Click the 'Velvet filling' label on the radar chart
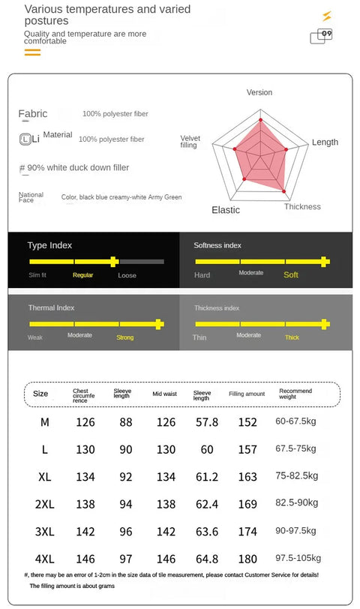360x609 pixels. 190,141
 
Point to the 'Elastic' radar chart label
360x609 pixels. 226,210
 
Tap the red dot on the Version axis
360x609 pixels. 260,120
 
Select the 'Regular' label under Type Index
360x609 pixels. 82,275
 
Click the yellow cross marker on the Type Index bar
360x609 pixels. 113,262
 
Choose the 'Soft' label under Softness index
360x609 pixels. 291,275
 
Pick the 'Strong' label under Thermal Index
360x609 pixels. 125,337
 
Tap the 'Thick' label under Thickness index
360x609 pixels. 292,337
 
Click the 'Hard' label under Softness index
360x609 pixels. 202,275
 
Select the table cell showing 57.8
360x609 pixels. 207,422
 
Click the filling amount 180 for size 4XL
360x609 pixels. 247,559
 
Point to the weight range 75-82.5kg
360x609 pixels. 297,476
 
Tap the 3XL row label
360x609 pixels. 45,532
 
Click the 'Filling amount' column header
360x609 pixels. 247,394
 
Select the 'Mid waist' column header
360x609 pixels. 165,394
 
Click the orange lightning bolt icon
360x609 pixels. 327,16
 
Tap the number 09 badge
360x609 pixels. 326,34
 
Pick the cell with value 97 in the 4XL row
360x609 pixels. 126,559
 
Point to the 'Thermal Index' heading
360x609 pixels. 51,307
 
